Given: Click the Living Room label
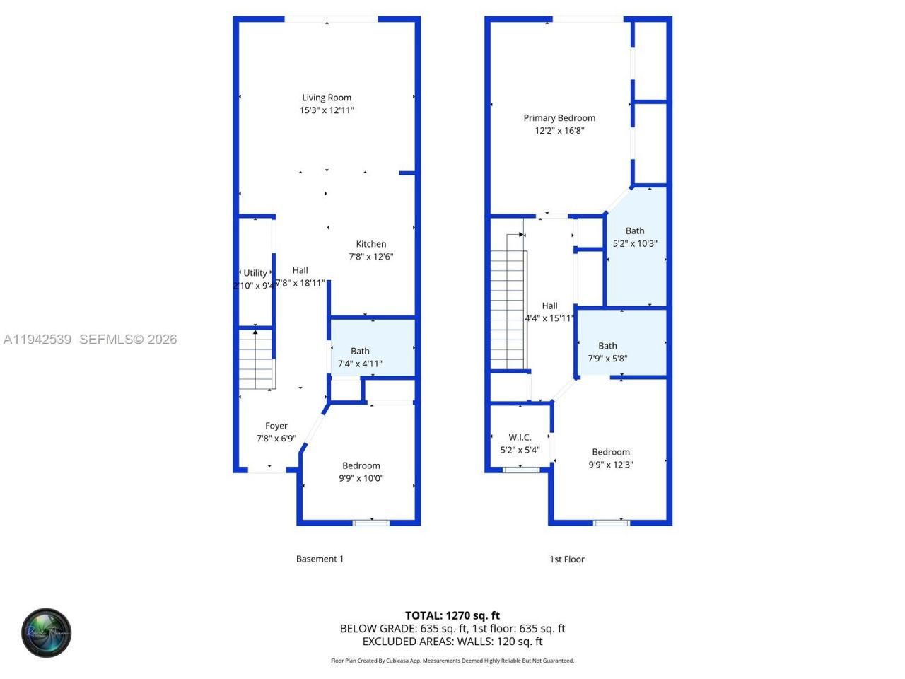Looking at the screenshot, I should [327, 98].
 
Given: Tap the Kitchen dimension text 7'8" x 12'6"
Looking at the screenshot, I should [370, 257].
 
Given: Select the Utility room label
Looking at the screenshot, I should [255, 273].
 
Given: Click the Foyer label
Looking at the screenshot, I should [276, 426].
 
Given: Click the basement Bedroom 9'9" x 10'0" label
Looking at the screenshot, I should [361, 465].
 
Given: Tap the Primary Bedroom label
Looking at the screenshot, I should [559, 118].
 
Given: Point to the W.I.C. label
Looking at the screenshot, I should [520, 437].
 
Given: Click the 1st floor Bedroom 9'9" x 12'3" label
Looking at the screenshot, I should [611, 452].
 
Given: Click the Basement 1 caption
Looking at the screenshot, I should [320, 559].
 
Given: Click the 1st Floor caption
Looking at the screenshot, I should [567, 559].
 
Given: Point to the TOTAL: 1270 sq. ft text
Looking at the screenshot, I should [452, 615].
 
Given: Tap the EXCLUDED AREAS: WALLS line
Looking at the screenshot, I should [452, 642].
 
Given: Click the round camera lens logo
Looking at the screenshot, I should [46, 632].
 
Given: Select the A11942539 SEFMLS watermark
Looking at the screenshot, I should [90, 339].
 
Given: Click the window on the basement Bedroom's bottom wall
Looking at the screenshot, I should [370, 523].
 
